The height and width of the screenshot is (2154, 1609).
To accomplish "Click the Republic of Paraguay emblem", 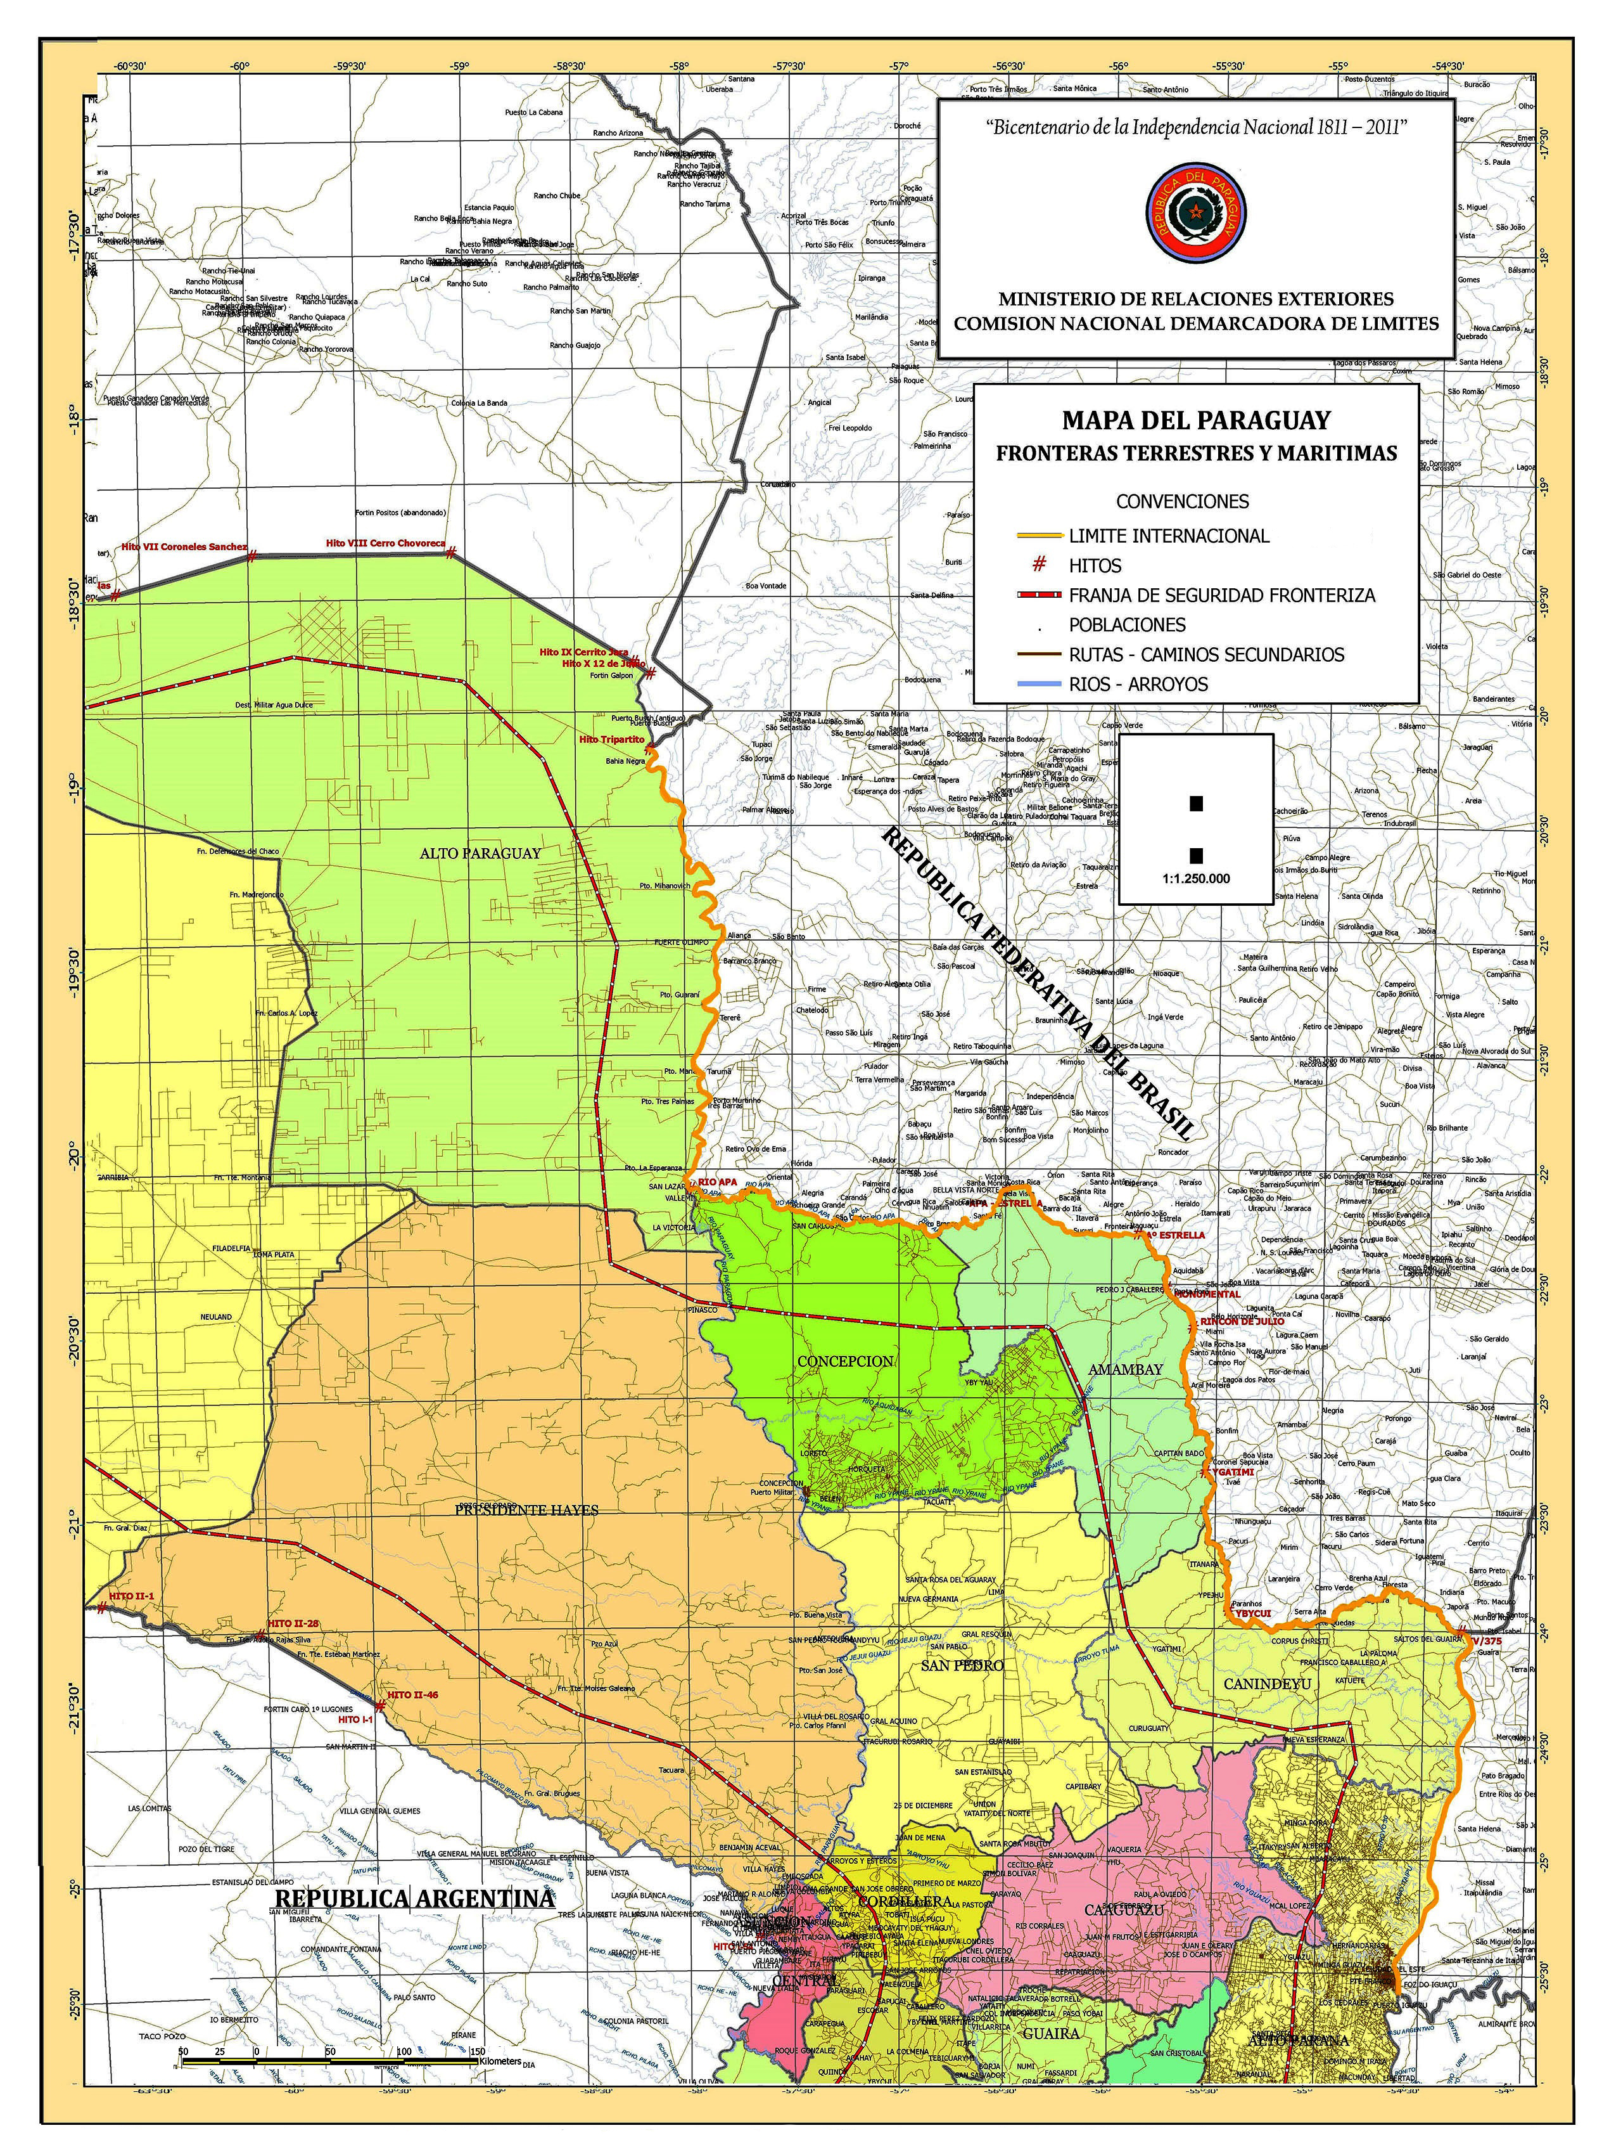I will pyautogui.click(x=1195, y=212).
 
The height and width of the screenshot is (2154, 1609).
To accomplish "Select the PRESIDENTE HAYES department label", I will pyautogui.click(x=528, y=1509).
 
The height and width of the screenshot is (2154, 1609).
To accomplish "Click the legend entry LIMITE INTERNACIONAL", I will pyautogui.click(x=1168, y=536).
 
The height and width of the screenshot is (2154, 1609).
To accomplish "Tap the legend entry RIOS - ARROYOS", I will pyautogui.click(x=1137, y=683).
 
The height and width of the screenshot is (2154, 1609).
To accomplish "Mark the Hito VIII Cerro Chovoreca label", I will pyautogui.click(x=385, y=543).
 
